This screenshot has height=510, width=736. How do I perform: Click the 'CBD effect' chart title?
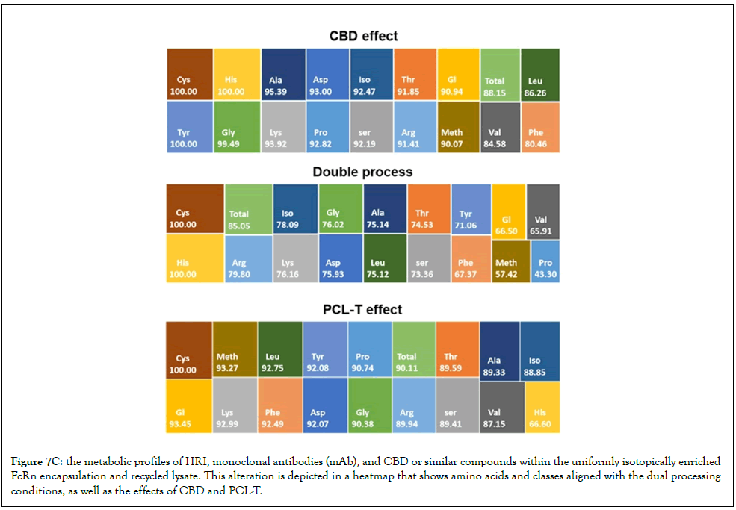364,36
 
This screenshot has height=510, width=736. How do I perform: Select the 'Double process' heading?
363,172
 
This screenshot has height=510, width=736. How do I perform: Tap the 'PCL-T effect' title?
363,310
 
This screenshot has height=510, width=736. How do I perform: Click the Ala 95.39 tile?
283,74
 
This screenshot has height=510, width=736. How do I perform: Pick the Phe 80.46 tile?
540,127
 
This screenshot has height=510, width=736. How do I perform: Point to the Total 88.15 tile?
501,74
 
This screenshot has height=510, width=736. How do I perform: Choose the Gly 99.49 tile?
237,127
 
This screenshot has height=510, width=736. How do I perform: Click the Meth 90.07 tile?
459,127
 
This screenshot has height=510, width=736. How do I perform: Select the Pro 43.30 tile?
545,261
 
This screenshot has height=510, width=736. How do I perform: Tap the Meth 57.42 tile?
510,261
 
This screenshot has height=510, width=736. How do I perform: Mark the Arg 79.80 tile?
248,259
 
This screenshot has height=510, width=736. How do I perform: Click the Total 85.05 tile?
248,209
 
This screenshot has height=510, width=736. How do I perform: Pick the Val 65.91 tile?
543,211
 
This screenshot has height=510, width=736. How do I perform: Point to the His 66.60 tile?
542,407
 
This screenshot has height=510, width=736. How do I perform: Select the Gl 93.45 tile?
189,406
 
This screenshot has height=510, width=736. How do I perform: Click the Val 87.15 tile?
502,407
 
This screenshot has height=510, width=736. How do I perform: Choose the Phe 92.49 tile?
279,405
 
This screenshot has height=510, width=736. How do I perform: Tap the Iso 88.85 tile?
540,351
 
